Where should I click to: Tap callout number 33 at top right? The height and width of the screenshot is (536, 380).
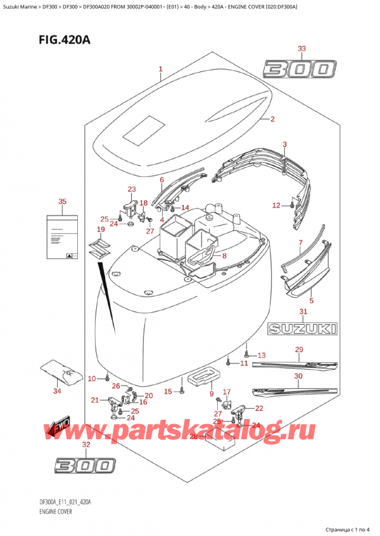pos(301,49)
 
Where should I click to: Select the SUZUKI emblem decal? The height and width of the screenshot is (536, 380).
pos(302,329)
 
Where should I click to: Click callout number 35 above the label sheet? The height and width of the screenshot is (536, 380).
pos(62,202)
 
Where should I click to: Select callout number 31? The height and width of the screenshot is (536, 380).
pos(303,312)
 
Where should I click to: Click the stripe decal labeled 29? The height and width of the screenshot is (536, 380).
pos(296,364)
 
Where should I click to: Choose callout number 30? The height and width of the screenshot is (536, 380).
pos(298,375)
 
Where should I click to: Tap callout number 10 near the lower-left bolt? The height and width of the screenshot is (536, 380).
pos(92,379)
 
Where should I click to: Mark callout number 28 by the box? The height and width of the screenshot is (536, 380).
pos(195,437)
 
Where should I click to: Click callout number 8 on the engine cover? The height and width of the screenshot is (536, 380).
pos(224,255)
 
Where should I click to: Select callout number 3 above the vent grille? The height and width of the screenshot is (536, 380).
pos(285,145)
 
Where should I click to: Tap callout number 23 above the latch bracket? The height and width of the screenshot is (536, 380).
pos(131,189)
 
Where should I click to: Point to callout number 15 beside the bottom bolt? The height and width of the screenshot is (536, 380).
pos(168,392)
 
